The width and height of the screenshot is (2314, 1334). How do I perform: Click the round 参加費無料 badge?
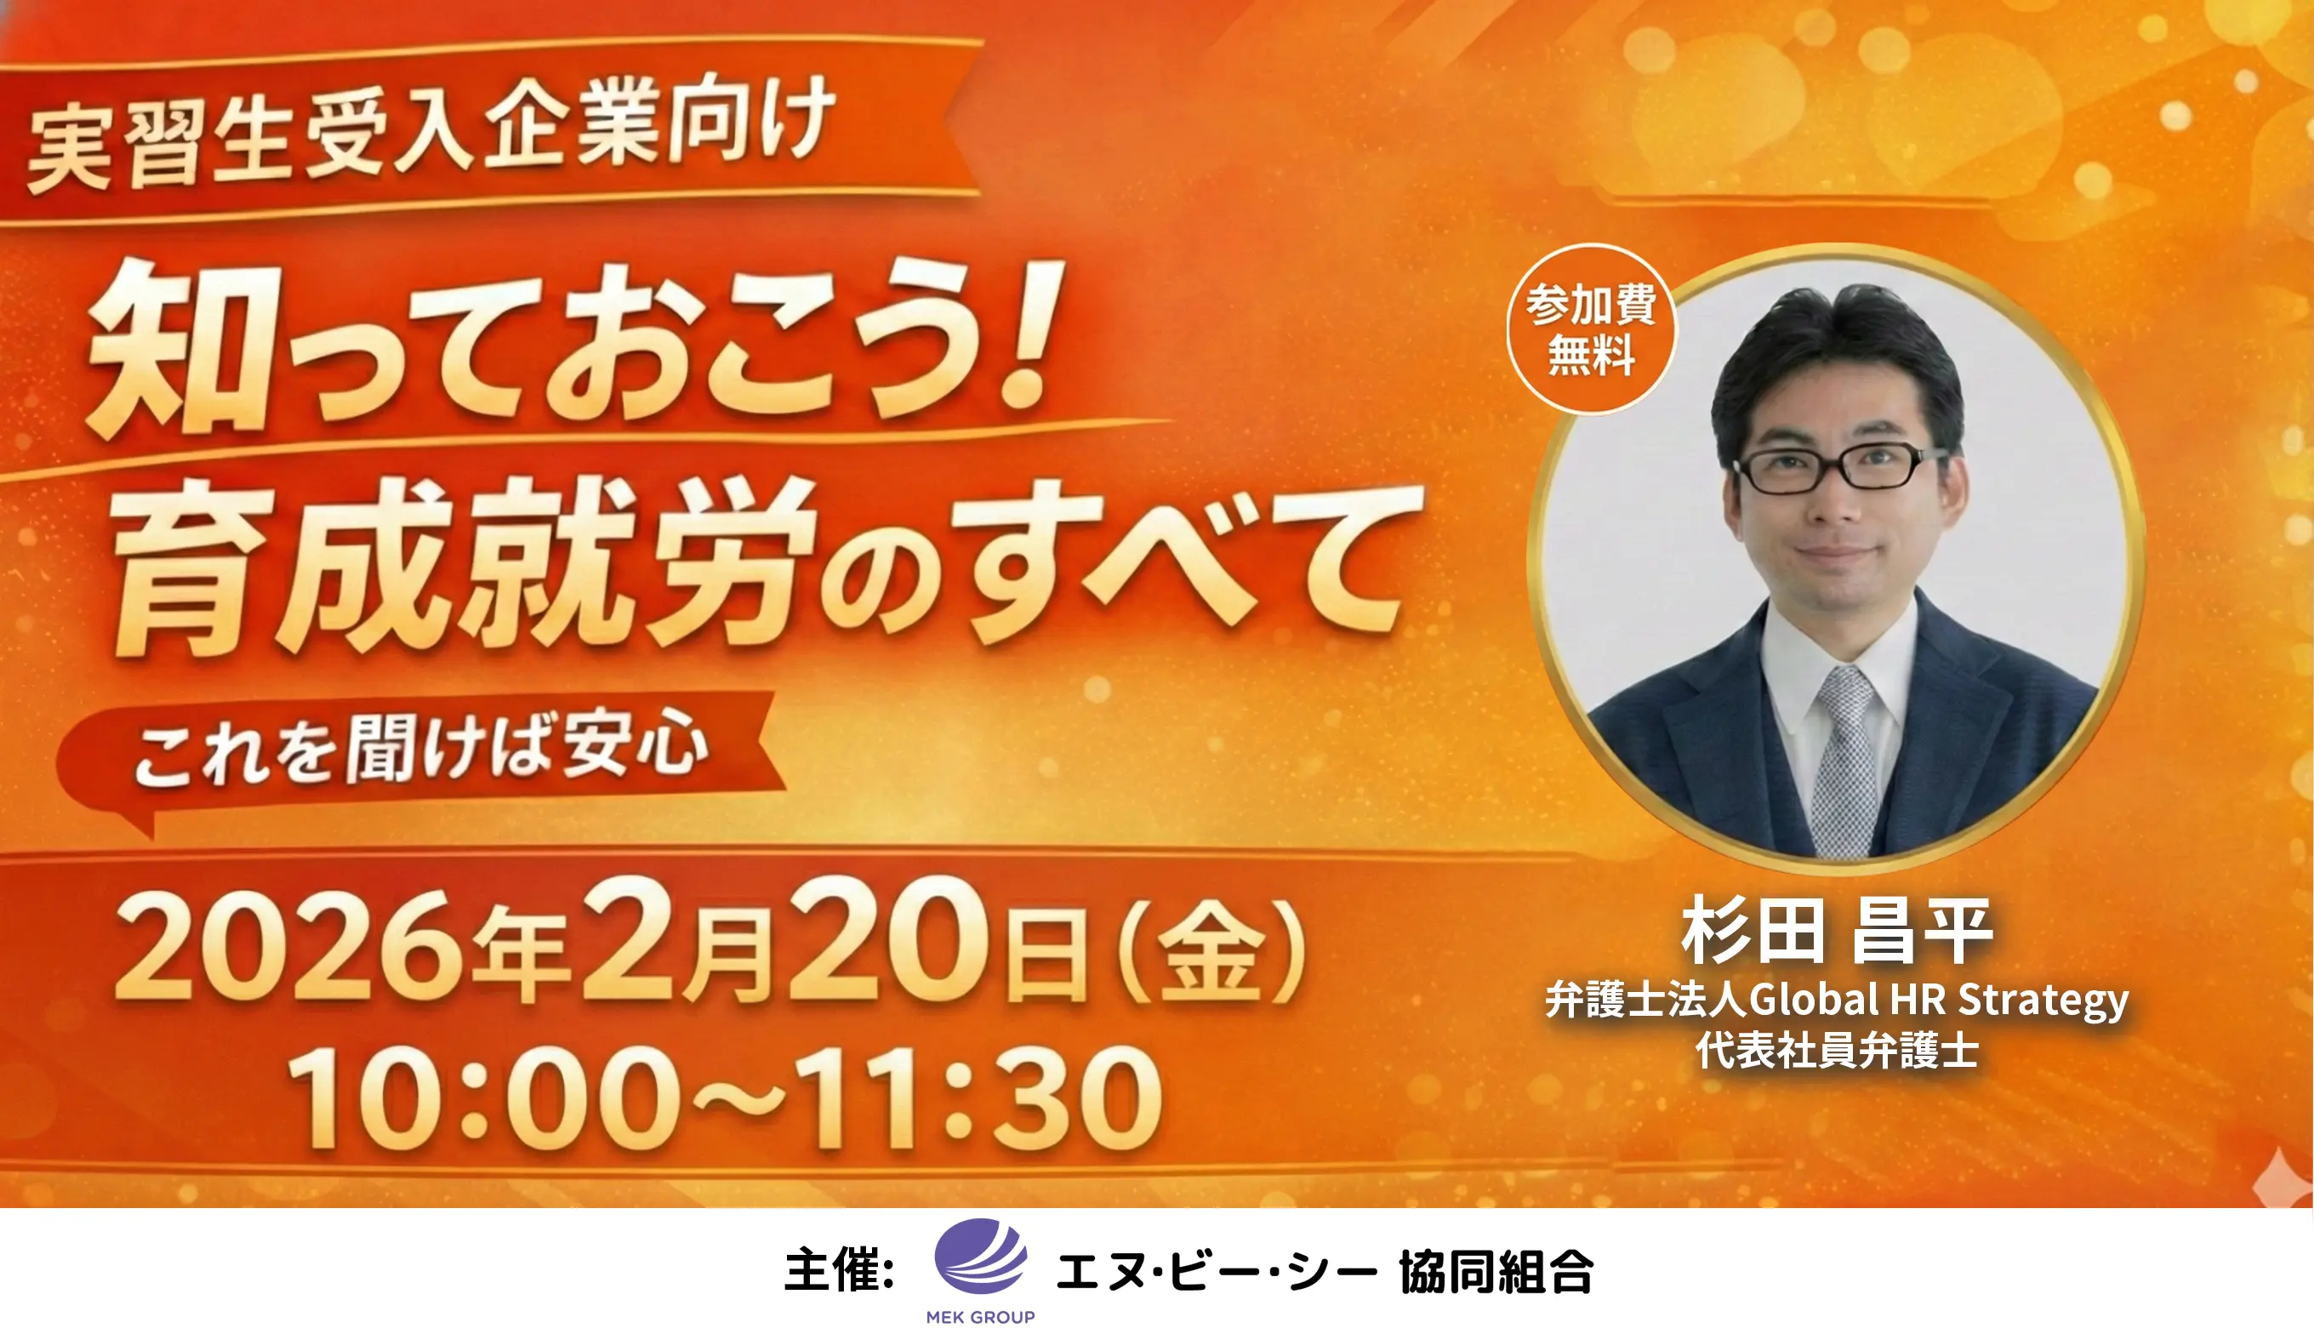tap(1591, 329)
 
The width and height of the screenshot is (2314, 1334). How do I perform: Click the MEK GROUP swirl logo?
tap(980, 1256)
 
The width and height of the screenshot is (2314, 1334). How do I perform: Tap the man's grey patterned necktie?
tap(1844, 761)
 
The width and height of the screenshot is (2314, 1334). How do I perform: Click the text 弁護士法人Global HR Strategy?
tap(1837, 1000)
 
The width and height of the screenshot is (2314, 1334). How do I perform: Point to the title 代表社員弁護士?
tap(1837, 1050)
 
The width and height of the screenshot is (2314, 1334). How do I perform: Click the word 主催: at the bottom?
tap(839, 1270)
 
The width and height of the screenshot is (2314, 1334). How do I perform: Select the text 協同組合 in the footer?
tap(1496, 1271)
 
